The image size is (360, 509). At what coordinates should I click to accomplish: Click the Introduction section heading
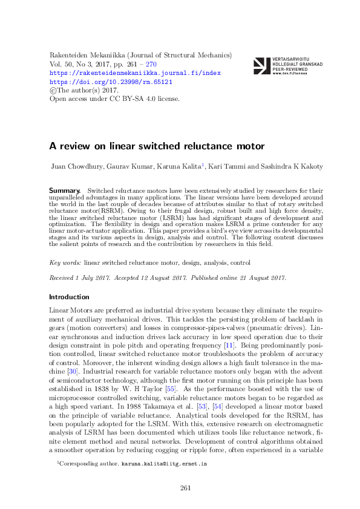tap(69, 297)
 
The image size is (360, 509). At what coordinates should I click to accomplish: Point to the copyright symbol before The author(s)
tap(51, 89)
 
